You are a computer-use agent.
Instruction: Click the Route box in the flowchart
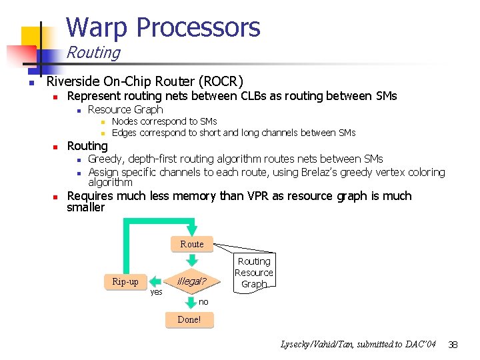coord(191,244)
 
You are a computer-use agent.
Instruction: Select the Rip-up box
coord(125,281)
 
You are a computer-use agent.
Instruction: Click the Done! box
coord(189,319)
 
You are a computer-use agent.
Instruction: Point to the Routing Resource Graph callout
coord(254,273)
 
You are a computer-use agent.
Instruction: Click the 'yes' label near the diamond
coord(156,292)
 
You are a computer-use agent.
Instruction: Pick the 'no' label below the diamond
coord(203,302)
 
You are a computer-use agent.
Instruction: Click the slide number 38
coord(453,344)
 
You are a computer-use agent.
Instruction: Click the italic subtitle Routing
coord(93,53)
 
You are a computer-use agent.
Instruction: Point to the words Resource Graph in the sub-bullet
coord(125,109)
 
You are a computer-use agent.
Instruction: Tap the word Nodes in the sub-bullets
coord(126,121)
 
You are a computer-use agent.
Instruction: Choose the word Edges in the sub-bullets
coord(126,133)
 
